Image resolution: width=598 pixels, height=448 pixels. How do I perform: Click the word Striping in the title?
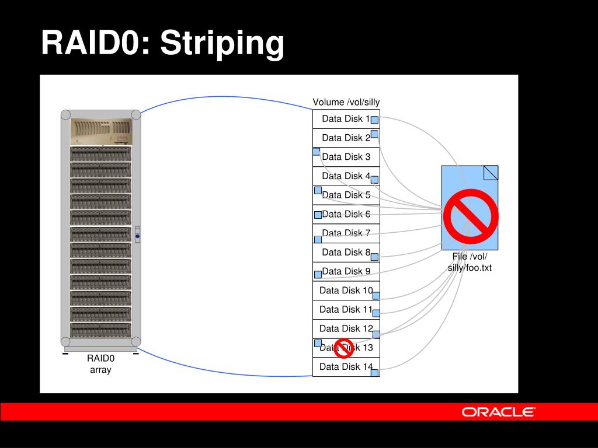[x=222, y=43]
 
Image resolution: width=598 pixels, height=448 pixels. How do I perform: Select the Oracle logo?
[x=498, y=412]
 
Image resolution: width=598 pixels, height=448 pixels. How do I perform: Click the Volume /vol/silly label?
[x=346, y=103]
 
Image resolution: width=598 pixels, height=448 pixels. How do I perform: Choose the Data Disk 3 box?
[x=346, y=157]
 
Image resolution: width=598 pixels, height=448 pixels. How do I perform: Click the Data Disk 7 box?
[x=346, y=233]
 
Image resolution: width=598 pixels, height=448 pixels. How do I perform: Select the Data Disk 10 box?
[x=346, y=290]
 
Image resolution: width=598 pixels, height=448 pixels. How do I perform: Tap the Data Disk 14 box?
[x=346, y=367]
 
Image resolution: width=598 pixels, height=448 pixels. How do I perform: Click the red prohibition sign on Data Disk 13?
[x=344, y=348]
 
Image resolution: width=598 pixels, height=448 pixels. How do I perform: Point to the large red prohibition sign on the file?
[x=471, y=216]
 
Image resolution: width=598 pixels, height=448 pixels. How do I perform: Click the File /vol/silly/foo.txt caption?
[x=470, y=262]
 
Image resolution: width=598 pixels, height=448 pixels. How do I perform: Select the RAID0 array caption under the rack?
[x=100, y=364]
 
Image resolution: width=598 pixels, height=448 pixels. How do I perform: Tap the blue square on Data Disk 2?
[x=374, y=134]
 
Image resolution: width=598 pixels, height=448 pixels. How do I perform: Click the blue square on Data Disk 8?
[x=375, y=256]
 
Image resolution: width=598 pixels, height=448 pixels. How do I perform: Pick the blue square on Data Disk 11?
[x=376, y=313]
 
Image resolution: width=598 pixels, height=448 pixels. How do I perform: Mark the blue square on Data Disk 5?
[x=318, y=190]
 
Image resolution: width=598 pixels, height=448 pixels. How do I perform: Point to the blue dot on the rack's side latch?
[x=137, y=236]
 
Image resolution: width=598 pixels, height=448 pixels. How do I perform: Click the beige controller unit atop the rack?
[x=100, y=131]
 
